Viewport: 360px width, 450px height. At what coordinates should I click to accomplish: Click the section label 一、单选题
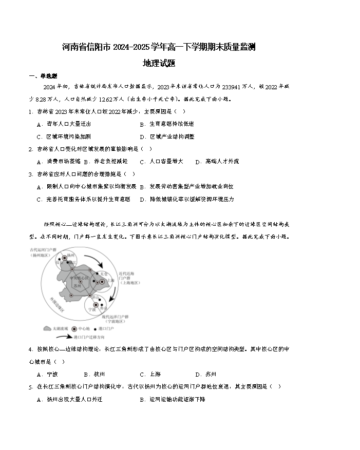tap(40, 76)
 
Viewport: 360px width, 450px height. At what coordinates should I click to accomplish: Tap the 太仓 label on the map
tap(104, 273)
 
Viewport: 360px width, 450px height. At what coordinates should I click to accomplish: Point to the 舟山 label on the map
tap(103, 309)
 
